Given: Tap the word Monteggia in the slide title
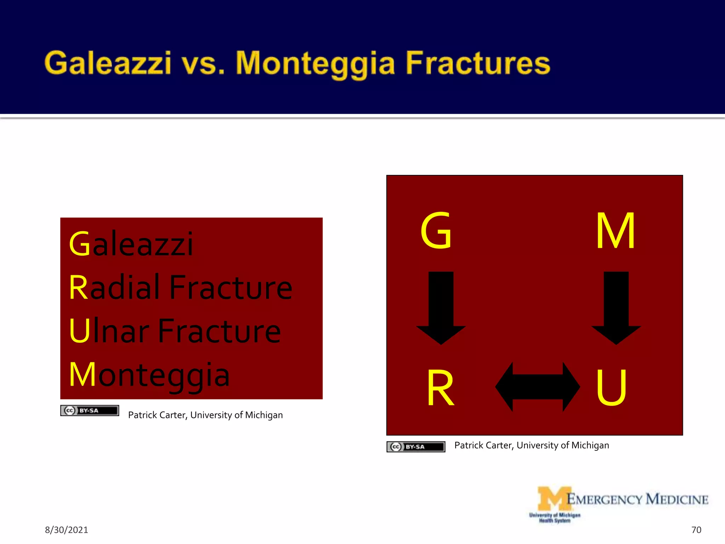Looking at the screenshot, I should [x=315, y=64].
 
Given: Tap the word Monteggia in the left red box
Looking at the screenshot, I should [x=149, y=375].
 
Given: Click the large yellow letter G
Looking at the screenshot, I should [x=436, y=231].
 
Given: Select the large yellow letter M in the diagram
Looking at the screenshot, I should [x=615, y=231].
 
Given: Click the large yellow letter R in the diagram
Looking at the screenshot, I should [x=440, y=388].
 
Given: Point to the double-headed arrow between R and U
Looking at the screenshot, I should [x=537, y=387].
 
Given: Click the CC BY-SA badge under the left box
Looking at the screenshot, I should [x=90, y=410].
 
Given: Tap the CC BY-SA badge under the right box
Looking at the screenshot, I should [x=416, y=447].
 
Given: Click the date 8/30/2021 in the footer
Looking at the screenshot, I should [x=66, y=530].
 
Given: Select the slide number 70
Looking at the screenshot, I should [x=696, y=530].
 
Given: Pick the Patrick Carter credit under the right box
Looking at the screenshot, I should [x=531, y=445].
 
